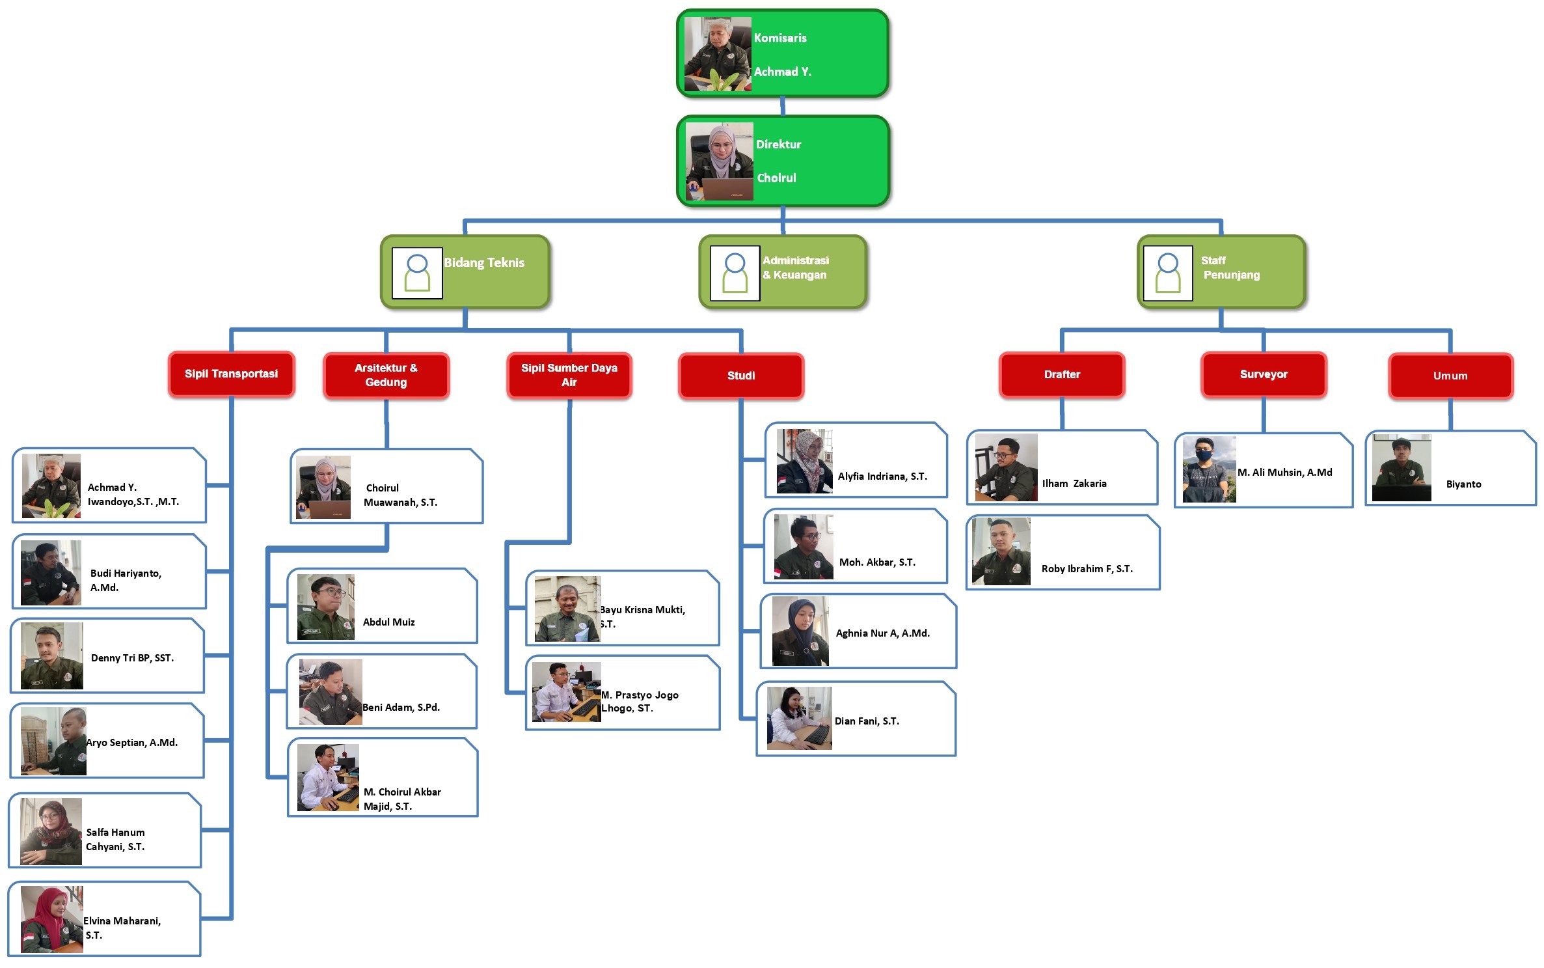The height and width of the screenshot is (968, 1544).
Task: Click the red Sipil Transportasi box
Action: point(231,374)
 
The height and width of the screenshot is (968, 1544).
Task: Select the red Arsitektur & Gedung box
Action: point(386,375)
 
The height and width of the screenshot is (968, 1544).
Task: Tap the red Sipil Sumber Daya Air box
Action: point(569,375)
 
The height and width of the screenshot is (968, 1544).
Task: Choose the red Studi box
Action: point(741,376)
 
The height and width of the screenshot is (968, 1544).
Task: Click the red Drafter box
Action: point(1062,374)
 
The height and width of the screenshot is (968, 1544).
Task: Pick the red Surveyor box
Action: point(1264,374)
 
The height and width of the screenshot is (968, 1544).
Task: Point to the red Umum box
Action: point(1450,376)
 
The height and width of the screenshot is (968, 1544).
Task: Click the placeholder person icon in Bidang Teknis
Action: point(417,273)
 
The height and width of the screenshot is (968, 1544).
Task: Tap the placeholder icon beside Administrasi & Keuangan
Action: point(735,273)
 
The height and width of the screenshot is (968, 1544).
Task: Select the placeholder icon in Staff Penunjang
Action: point(1168,273)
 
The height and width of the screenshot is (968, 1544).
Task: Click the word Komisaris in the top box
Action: point(780,38)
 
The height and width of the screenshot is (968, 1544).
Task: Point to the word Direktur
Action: point(778,145)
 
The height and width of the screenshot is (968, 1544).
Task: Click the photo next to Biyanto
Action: point(1402,467)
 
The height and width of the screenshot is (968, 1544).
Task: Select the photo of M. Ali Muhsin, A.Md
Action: point(1209,469)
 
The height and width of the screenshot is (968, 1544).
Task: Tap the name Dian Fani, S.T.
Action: point(867,721)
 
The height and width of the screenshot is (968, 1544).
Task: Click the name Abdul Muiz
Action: point(388,622)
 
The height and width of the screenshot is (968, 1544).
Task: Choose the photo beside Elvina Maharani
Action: point(52,919)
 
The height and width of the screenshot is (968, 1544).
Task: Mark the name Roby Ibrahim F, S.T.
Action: point(1087,569)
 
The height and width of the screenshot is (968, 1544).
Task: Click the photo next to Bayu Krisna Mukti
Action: point(567,609)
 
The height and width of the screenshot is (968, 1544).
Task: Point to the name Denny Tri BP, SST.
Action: point(132,658)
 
